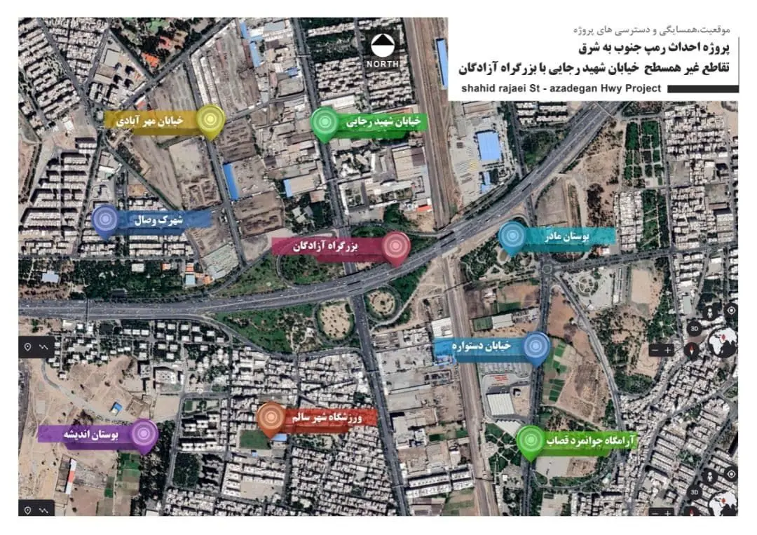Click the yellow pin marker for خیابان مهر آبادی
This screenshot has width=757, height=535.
[x=210, y=120]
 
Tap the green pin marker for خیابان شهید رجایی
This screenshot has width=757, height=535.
[x=325, y=123]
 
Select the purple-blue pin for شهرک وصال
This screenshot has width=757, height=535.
[x=106, y=220]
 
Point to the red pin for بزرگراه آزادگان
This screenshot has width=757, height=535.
[x=396, y=247]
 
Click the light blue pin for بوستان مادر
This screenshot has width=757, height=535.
[x=512, y=236]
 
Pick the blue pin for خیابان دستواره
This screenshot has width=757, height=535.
[x=537, y=347]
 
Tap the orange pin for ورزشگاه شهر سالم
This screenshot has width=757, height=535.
[x=270, y=418]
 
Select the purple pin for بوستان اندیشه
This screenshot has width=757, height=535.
[x=144, y=434]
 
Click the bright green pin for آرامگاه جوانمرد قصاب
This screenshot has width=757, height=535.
[x=531, y=441]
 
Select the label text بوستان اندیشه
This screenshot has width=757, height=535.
[x=91, y=435]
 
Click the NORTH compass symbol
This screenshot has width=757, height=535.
[x=383, y=51]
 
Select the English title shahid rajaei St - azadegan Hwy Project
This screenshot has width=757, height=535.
[x=561, y=89]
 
